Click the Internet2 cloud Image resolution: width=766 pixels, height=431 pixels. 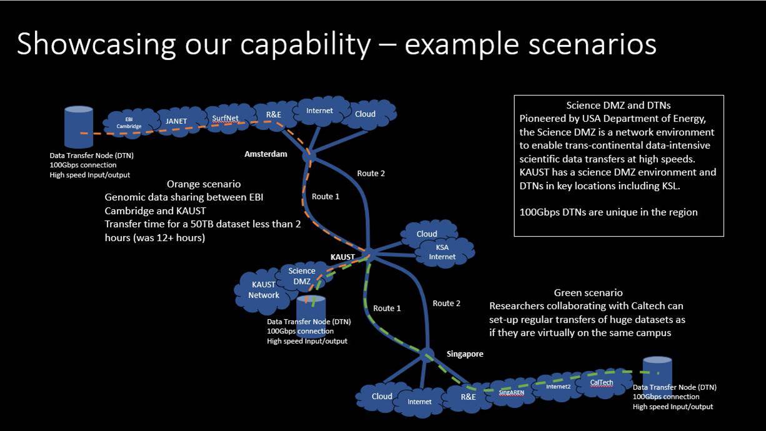pyautogui.click(x=558, y=387)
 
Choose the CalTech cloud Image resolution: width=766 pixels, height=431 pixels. pyautogui.click(x=602, y=382)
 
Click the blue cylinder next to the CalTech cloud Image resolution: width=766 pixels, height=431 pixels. pyautogui.click(x=658, y=373)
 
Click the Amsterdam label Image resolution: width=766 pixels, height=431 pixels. pyautogui.click(x=266, y=154)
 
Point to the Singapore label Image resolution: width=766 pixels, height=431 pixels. pyautogui.click(x=465, y=354)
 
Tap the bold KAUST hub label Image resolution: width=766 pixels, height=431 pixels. pyautogui.click(x=342, y=257)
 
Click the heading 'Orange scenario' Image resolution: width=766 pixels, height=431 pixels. pyautogui.click(x=204, y=184)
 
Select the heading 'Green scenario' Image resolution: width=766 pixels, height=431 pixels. pyautogui.click(x=588, y=292)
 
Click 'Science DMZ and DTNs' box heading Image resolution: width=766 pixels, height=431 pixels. pyautogui.click(x=618, y=106)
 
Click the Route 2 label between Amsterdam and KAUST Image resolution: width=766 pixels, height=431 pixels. pyautogui.click(x=371, y=173)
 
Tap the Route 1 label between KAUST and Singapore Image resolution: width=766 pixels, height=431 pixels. pyautogui.click(x=387, y=308)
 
